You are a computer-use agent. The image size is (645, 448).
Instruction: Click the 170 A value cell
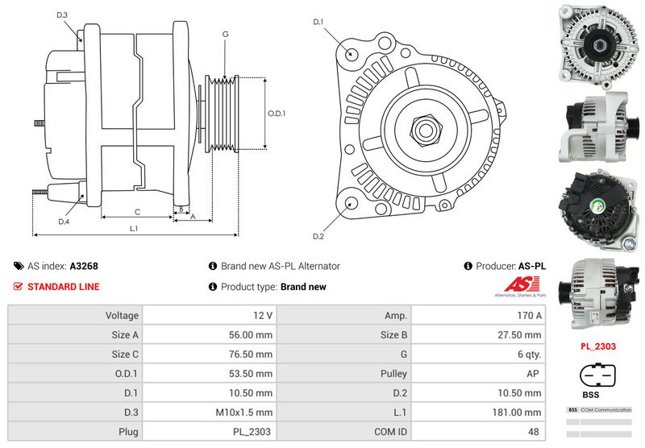(478, 315)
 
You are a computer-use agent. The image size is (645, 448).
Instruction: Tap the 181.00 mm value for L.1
(478, 412)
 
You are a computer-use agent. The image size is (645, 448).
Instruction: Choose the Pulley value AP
(478, 373)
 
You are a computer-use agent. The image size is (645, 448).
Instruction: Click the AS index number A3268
(84, 266)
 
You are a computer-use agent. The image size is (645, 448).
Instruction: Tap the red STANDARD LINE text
(64, 286)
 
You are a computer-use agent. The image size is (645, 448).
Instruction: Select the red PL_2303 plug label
(598, 346)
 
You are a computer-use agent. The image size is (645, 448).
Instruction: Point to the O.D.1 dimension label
(277, 113)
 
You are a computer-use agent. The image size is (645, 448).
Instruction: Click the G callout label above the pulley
(225, 34)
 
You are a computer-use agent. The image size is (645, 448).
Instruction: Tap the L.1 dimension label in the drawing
(134, 229)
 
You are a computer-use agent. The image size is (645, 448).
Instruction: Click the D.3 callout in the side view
(63, 15)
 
